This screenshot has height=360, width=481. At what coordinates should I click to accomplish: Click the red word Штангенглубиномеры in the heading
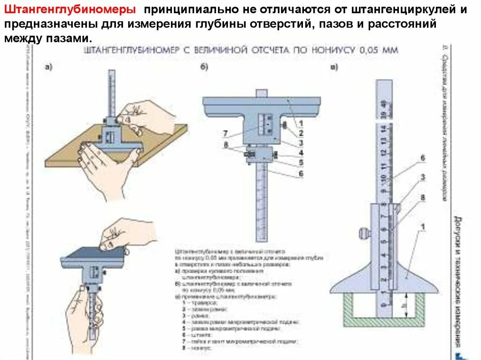(70, 10)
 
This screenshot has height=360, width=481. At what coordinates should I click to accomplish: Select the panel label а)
(48, 67)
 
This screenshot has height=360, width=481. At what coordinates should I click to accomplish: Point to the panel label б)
(204, 67)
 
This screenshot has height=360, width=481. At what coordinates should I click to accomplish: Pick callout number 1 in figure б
(301, 123)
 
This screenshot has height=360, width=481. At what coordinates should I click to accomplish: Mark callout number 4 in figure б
(301, 153)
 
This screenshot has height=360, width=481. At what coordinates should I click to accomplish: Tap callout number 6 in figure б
(301, 174)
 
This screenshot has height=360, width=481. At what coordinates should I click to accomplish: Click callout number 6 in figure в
(422, 158)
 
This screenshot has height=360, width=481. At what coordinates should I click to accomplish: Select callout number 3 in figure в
(422, 177)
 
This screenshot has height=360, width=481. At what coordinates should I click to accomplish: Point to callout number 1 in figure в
(422, 227)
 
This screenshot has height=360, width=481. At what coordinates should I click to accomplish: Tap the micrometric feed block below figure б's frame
(261, 156)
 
